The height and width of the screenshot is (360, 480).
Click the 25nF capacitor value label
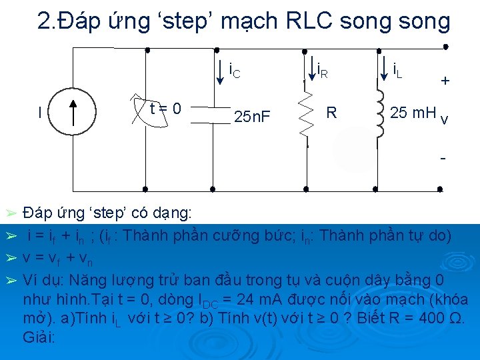(252, 117)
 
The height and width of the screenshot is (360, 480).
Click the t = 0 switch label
(165, 107)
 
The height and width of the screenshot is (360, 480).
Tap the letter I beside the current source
(41, 113)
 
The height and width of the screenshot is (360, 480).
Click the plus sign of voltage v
(445, 81)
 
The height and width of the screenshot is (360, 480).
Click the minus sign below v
(443, 160)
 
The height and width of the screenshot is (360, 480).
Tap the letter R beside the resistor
(331, 113)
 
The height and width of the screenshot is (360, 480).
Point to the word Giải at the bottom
(38, 337)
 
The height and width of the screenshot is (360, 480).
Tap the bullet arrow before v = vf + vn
(10, 257)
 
